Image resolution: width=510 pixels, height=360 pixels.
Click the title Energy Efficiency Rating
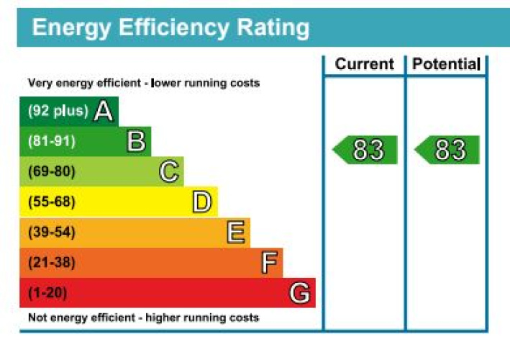pos(171,27)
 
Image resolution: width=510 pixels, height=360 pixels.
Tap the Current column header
pos(365,64)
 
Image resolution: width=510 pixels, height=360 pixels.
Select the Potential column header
pos(447,64)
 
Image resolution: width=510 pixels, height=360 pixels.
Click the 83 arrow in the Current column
pos(365,150)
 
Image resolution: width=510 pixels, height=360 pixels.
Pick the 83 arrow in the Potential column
pos(447,150)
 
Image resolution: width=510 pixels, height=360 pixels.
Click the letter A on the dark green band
pos(104,111)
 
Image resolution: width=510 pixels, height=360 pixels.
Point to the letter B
pos(136,141)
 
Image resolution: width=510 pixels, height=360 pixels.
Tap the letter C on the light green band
pos(168,172)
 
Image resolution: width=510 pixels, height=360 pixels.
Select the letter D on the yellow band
pos(202,202)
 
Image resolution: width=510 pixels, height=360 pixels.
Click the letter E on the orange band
pos(236,233)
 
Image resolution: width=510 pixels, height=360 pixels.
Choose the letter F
pos(269,263)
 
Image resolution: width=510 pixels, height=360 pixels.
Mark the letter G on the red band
pos(300,293)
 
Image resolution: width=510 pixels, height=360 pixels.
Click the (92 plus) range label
pos(58,111)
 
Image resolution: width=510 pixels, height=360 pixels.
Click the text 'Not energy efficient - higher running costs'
pos(143,318)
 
